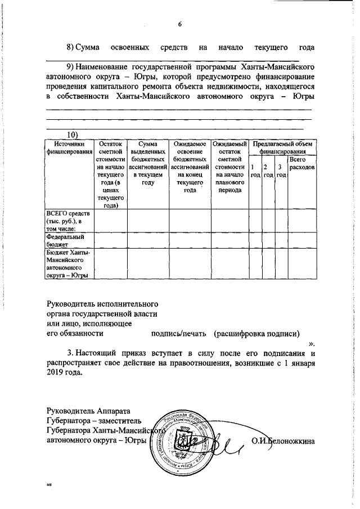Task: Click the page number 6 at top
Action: click(x=180, y=24)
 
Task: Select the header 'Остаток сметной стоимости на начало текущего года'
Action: click(x=110, y=174)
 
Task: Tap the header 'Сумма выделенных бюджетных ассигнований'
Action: click(x=148, y=163)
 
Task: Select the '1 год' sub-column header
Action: click(x=254, y=171)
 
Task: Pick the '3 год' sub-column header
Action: click(x=281, y=171)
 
